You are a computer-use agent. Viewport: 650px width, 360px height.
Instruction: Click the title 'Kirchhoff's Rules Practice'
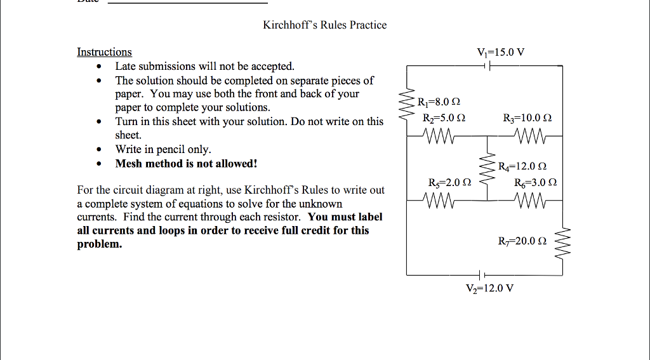coord(324,25)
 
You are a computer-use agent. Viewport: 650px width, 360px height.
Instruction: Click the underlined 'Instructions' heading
coord(104,52)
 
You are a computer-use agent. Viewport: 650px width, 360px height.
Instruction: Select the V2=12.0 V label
coord(489,288)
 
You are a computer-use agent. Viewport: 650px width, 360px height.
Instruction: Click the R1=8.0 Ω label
coord(438,102)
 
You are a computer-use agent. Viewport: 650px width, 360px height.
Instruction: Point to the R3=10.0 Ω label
coord(527,117)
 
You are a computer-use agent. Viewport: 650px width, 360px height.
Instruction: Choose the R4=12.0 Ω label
coord(522,168)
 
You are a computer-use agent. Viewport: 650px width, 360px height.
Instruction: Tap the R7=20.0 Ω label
coord(522,241)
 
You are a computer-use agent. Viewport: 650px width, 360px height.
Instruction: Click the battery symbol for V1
coord(486,65)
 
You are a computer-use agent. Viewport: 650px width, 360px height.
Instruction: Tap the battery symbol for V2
coord(482,274)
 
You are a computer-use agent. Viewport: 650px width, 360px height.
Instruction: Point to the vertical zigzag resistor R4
coord(487,168)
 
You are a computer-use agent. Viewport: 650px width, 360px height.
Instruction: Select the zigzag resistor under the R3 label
coord(531,136)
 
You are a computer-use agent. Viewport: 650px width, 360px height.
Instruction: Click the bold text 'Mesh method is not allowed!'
coord(186,164)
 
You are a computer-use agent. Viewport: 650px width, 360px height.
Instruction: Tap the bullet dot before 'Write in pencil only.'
coord(98,150)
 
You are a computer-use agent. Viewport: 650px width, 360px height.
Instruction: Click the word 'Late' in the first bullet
coord(124,66)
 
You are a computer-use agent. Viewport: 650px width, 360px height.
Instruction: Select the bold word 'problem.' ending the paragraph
coord(99,244)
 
